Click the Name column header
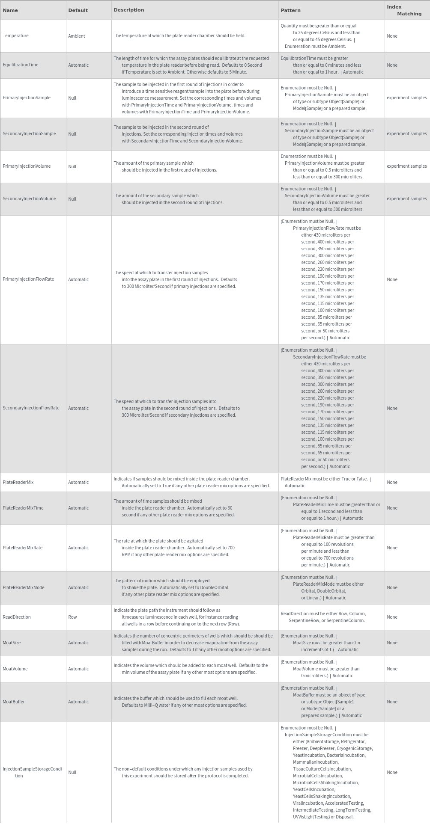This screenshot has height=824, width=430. click(10, 10)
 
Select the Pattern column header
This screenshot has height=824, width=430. click(290, 10)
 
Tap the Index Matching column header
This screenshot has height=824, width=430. click(404, 10)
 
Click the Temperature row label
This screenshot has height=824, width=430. click(15, 36)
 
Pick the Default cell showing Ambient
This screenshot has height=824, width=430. click(76, 36)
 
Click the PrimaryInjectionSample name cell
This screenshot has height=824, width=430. click(27, 98)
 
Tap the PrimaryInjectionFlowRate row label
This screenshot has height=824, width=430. click(28, 279)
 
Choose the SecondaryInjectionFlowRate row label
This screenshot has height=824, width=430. click(31, 408)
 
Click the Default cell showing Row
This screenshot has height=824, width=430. click(72, 617)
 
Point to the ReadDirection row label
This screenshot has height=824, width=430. click(17, 617)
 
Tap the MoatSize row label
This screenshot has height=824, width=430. click(12, 643)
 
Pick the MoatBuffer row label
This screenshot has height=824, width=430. click(14, 702)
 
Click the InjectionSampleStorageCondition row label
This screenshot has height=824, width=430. click(33, 772)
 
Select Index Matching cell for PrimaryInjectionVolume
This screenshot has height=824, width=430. click(406, 166)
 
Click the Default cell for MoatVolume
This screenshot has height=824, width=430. click(78, 669)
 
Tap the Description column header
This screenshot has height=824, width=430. click(128, 10)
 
